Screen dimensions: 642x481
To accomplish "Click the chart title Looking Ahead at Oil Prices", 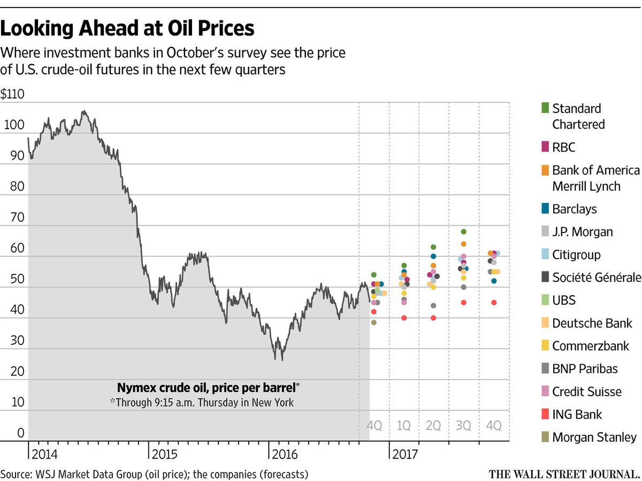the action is tap(127, 28).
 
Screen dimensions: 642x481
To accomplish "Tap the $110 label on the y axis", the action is tap(12, 94).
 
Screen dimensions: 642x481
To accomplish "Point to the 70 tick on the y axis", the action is tap(17, 217).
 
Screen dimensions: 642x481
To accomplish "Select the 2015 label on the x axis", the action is tap(164, 454).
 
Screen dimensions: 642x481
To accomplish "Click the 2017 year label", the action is tap(405, 454).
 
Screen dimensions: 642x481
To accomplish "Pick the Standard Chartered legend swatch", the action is tap(545, 108).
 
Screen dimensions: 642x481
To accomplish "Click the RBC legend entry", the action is tap(559, 147).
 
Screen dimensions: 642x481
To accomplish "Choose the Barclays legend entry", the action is tap(569, 209).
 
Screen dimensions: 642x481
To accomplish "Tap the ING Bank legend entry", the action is tap(571, 415).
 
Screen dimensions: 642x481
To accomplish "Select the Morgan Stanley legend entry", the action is tap(589, 438).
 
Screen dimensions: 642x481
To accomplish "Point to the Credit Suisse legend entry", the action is tap(582, 392).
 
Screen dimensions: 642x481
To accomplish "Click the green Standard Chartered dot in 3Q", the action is tap(464, 232).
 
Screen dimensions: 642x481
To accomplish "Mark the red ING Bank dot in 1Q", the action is tap(404, 318).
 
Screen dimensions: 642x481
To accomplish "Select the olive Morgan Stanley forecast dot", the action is tap(373, 322).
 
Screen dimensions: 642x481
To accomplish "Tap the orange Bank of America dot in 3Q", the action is tap(464, 244).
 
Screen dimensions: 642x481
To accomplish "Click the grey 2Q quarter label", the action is tap(433, 425).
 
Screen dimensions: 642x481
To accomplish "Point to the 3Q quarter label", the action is tap(463, 425).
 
